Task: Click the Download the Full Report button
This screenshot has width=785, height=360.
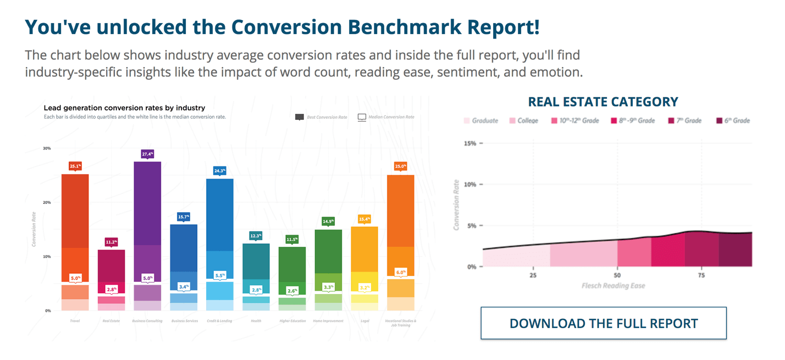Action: pos(603,323)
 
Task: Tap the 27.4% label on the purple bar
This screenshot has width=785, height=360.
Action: pos(147,154)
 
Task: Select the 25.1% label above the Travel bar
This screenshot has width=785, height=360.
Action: pos(75,166)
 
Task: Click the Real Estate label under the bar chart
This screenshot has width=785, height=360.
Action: pos(111,321)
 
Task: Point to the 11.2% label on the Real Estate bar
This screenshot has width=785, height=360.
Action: pos(111,242)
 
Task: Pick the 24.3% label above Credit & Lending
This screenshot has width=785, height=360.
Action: pos(220,171)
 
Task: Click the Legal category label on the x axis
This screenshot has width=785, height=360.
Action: pos(364,321)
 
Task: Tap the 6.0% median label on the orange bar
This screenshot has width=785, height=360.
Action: pos(401,273)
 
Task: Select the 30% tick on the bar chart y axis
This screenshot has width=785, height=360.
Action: pos(47,148)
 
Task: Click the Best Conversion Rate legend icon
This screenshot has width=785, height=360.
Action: pos(300,117)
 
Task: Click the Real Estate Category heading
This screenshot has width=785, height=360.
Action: pos(603,102)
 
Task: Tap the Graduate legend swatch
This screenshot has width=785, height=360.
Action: pos(467,120)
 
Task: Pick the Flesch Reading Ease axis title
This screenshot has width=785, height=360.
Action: pos(613,286)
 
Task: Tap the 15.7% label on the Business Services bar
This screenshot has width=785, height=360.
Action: pos(184,218)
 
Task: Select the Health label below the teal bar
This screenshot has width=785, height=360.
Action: pos(256,321)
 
